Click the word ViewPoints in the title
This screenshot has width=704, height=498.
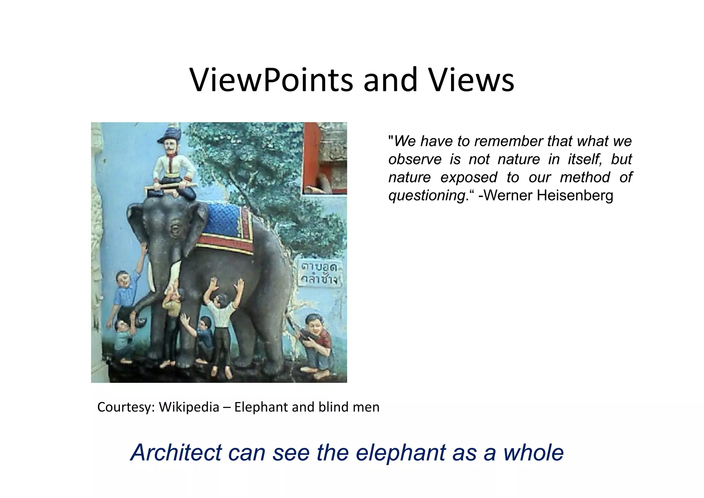(x=271, y=80)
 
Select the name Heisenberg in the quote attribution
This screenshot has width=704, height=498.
(x=575, y=195)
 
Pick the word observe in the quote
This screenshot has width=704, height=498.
(x=415, y=160)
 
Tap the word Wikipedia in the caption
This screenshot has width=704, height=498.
(x=189, y=407)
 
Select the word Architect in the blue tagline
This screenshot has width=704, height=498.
(x=176, y=453)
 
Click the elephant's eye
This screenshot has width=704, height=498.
(x=176, y=229)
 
